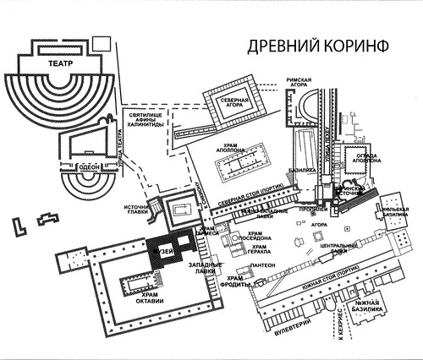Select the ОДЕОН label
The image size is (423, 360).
(x=89, y=168)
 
